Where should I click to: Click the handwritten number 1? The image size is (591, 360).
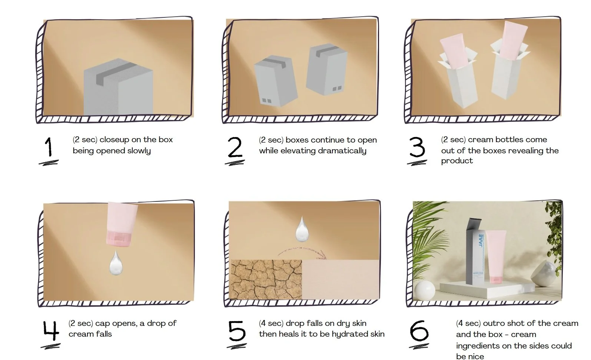49,147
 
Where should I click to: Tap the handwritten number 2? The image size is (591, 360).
235,147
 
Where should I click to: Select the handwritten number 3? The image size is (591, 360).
417,147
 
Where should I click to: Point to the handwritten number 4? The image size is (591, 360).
51,330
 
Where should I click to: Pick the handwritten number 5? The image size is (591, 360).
237,331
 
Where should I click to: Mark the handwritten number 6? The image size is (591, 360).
419,331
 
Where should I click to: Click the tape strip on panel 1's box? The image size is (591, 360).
116,73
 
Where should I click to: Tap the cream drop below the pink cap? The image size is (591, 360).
116,263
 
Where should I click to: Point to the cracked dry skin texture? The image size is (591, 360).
266,279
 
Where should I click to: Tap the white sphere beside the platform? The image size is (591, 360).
425,290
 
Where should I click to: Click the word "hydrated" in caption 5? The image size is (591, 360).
349,334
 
